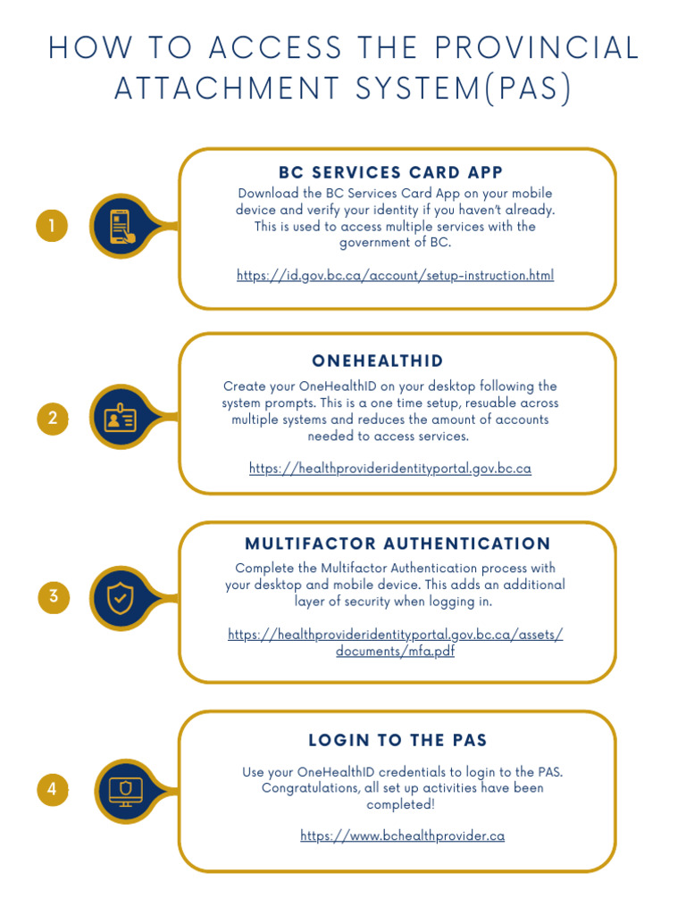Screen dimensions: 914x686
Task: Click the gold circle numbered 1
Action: pyautogui.click(x=52, y=227)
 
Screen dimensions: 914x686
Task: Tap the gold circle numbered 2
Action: pyautogui.click(x=53, y=419)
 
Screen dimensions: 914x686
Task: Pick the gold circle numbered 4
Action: pyautogui.click(x=53, y=789)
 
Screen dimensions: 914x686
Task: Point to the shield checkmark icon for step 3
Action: pyautogui.click(x=121, y=598)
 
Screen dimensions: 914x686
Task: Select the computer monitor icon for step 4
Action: pyautogui.click(x=124, y=790)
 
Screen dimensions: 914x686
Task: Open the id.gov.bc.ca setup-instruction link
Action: pyautogui.click(x=395, y=275)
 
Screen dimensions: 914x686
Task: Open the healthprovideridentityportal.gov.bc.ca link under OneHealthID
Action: pyautogui.click(x=390, y=468)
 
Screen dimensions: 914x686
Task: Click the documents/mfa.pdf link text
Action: pyautogui.click(x=395, y=652)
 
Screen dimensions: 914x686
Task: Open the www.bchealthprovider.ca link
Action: pyautogui.click(x=403, y=835)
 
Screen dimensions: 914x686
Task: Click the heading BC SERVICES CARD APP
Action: pyautogui.click(x=391, y=172)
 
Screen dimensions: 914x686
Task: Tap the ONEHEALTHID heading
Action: pyautogui.click(x=378, y=361)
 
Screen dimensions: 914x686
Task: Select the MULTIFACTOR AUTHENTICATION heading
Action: pyautogui.click(x=397, y=544)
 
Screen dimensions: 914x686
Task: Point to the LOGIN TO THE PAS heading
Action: pyautogui.click(x=397, y=740)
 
